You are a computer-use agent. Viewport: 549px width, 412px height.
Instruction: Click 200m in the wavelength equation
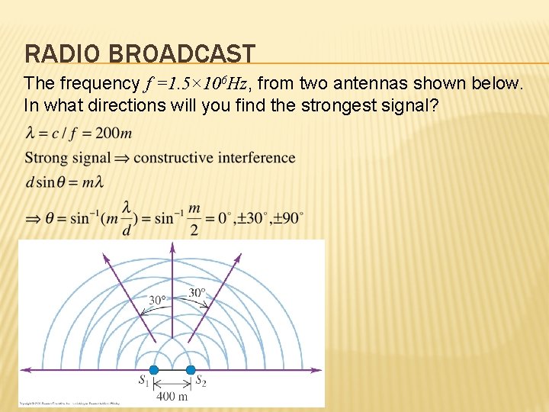click(114, 134)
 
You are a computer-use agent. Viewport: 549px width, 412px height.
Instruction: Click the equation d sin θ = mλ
click(64, 182)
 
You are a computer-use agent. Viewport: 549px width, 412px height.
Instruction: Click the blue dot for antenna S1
click(154, 370)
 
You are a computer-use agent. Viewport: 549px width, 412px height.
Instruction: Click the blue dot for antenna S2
click(191, 370)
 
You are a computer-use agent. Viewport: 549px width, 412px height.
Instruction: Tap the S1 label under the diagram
click(143, 381)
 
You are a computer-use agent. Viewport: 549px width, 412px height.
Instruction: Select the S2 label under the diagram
click(201, 381)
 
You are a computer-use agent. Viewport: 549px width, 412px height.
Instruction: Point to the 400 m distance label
click(172, 395)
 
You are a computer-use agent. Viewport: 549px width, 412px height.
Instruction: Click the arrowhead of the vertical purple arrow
click(172, 246)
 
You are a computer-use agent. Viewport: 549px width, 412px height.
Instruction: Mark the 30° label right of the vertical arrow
click(197, 291)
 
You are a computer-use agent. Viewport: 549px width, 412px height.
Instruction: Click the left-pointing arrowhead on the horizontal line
click(24, 370)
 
